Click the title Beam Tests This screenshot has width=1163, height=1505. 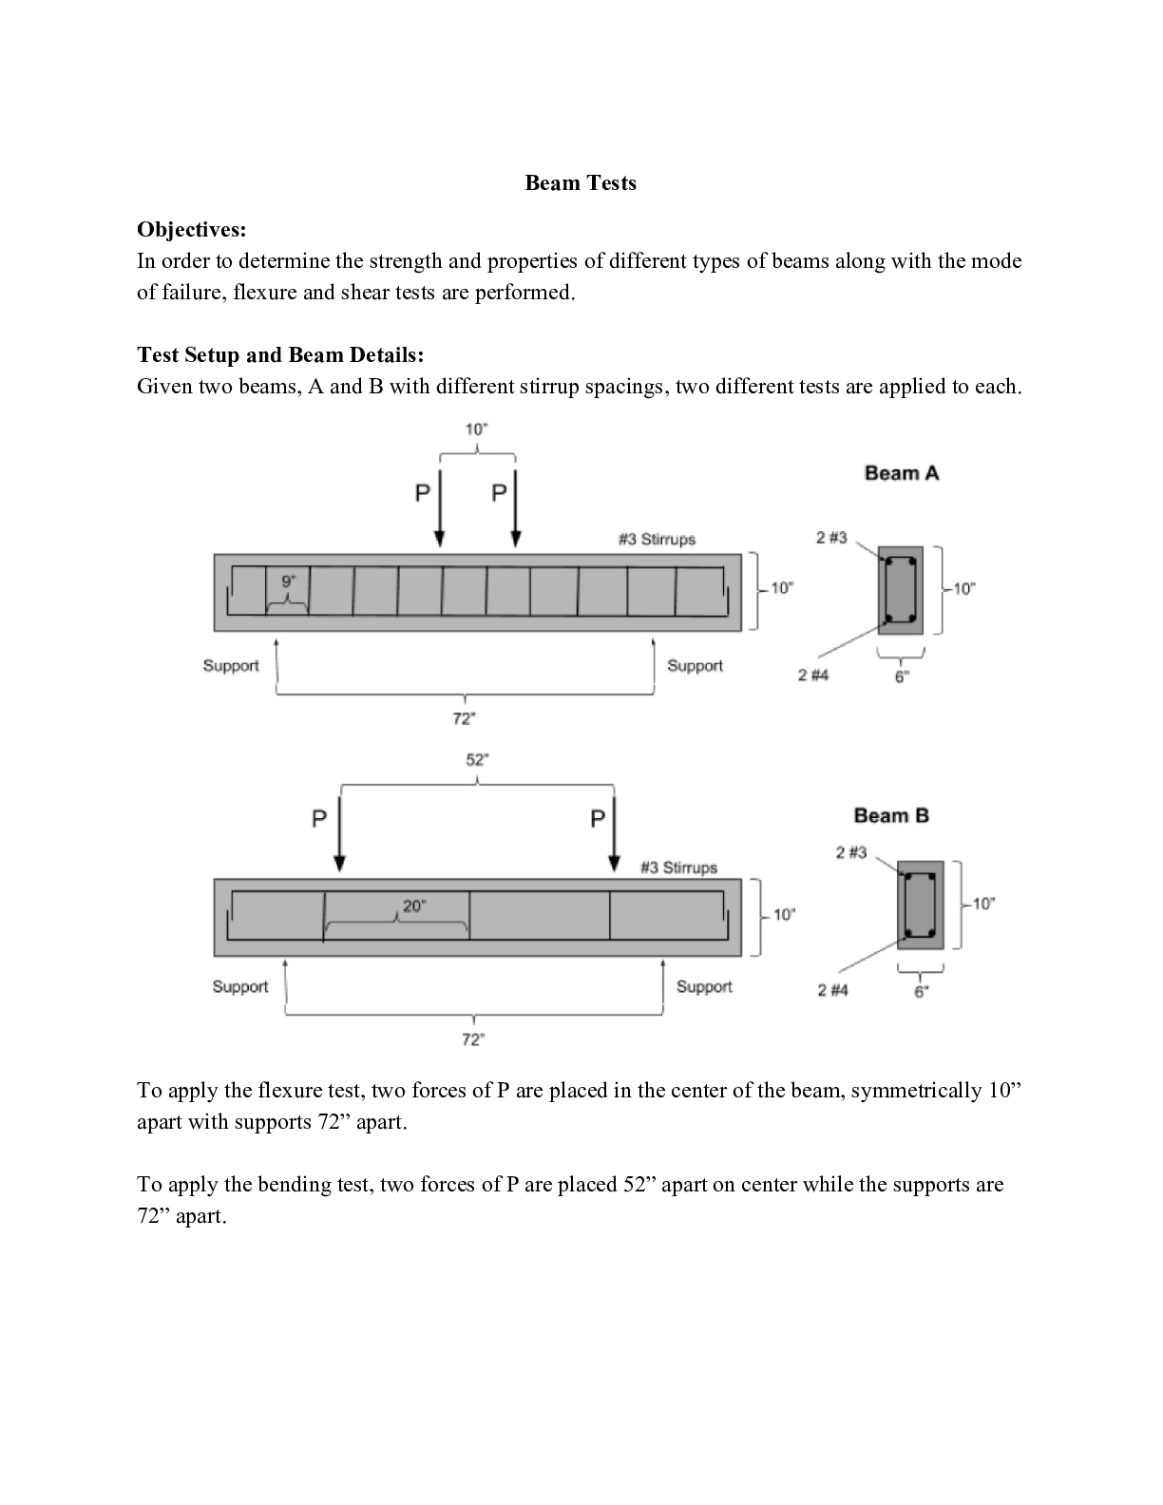[581, 182]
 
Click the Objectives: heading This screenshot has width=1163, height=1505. [191, 229]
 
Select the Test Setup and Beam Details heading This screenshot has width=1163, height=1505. [280, 354]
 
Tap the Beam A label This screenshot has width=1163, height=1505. [901, 473]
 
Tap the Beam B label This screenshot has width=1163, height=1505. [891, 815]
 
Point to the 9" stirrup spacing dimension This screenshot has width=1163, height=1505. [289, 581]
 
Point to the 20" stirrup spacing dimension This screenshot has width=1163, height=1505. [414, 905]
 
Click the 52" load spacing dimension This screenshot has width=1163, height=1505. [477, 760]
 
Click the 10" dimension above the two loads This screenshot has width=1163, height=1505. [476, 429]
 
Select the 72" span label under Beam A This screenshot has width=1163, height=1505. [464, 719]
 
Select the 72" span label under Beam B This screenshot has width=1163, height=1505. [473, 1039]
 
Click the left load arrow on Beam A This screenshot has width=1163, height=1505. [439, 509]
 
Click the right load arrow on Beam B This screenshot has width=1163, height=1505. [614, 834]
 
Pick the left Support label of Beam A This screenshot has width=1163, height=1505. [231, 666]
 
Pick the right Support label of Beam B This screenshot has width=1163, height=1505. [704, 987]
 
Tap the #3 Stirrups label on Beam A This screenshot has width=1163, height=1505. [657, 539]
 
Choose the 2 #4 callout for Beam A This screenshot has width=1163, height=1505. [812, 675]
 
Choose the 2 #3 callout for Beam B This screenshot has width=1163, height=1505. [850, 852]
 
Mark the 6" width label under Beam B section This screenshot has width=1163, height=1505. [921, 993]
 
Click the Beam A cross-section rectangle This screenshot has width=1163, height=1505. [901, 590]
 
